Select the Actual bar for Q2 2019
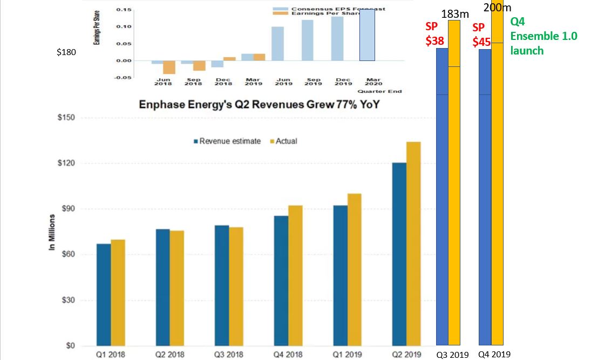(413, 243)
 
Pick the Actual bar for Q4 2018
(295, 275)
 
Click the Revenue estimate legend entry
(227, 141)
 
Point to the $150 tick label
(65, 118)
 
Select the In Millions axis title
(52, 232)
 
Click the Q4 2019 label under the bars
(494, 355)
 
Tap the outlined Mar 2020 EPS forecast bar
(375, 35)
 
